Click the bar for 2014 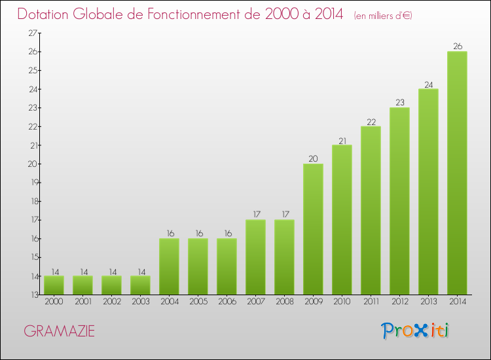[457, 173]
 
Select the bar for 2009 [313, 229]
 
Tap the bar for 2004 [169, 266]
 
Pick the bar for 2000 [54, 285]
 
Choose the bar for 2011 [371, 210]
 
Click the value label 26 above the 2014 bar [457, 46]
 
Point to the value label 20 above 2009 [313, 159]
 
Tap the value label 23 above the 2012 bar [399, 103]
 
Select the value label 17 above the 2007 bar [255, 215]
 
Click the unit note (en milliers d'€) [382, 16]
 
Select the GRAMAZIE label [59, 332]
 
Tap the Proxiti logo [415, 331]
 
